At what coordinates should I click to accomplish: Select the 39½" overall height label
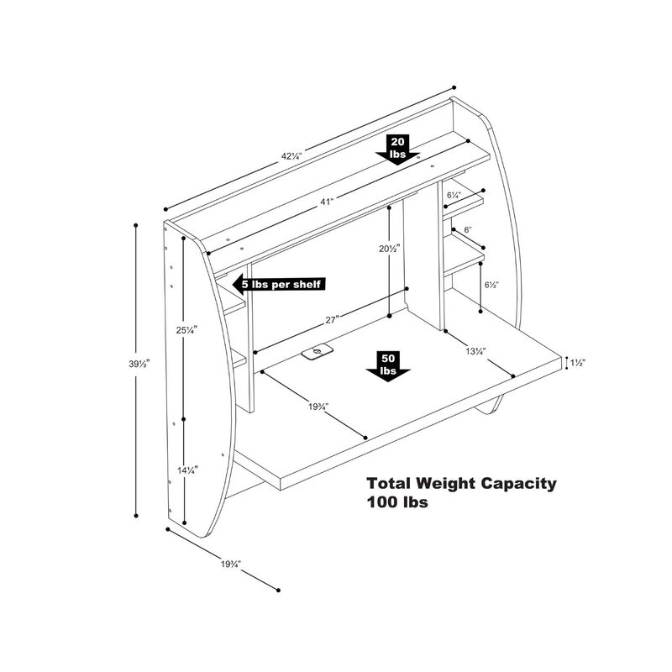pyautogui.click(x=122, y=365)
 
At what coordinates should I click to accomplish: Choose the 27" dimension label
pyautogui.click(x=332, y=319)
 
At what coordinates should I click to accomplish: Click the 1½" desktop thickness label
pyautogui.click(x=577, y=363)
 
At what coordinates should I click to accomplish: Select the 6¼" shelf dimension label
pyautogui.click(x=454, y=195)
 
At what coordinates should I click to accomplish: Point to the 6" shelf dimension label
pyautogui.click(x=468, y=229)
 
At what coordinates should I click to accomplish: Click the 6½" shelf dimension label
pyautogui.click(x=491, y=285)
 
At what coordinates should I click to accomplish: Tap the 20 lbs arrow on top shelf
pyautogui.click(x=398, y=150)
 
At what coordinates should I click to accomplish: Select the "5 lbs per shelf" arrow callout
pyautogui.click(x=278, y=284)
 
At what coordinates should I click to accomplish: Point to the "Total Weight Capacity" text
pyautogui.click(x=460, y=484)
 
